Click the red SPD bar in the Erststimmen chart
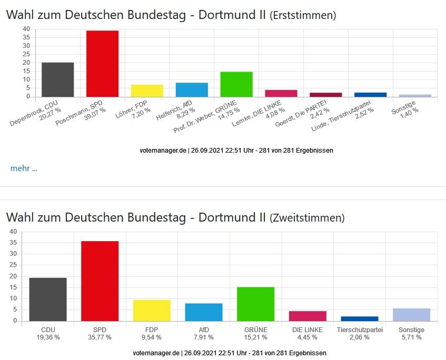pos(102,64)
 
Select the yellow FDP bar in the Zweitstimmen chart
pos(152,310)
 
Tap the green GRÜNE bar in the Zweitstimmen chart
pos(256,304)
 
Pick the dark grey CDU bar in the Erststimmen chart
pos(57,79)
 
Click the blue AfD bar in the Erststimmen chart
pos(192,89)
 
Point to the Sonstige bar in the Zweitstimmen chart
pos(411,314)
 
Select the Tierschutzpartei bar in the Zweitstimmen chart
pos(359,318)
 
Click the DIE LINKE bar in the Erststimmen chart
pos(281,93)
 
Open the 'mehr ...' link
pos(24,168)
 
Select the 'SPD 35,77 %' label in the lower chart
pos(100,334)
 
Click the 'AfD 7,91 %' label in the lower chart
pos(204,334)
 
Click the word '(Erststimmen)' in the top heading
pos(302,16)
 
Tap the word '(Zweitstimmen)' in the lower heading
pos(307,218)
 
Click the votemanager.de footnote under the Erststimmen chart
pos(236,150)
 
